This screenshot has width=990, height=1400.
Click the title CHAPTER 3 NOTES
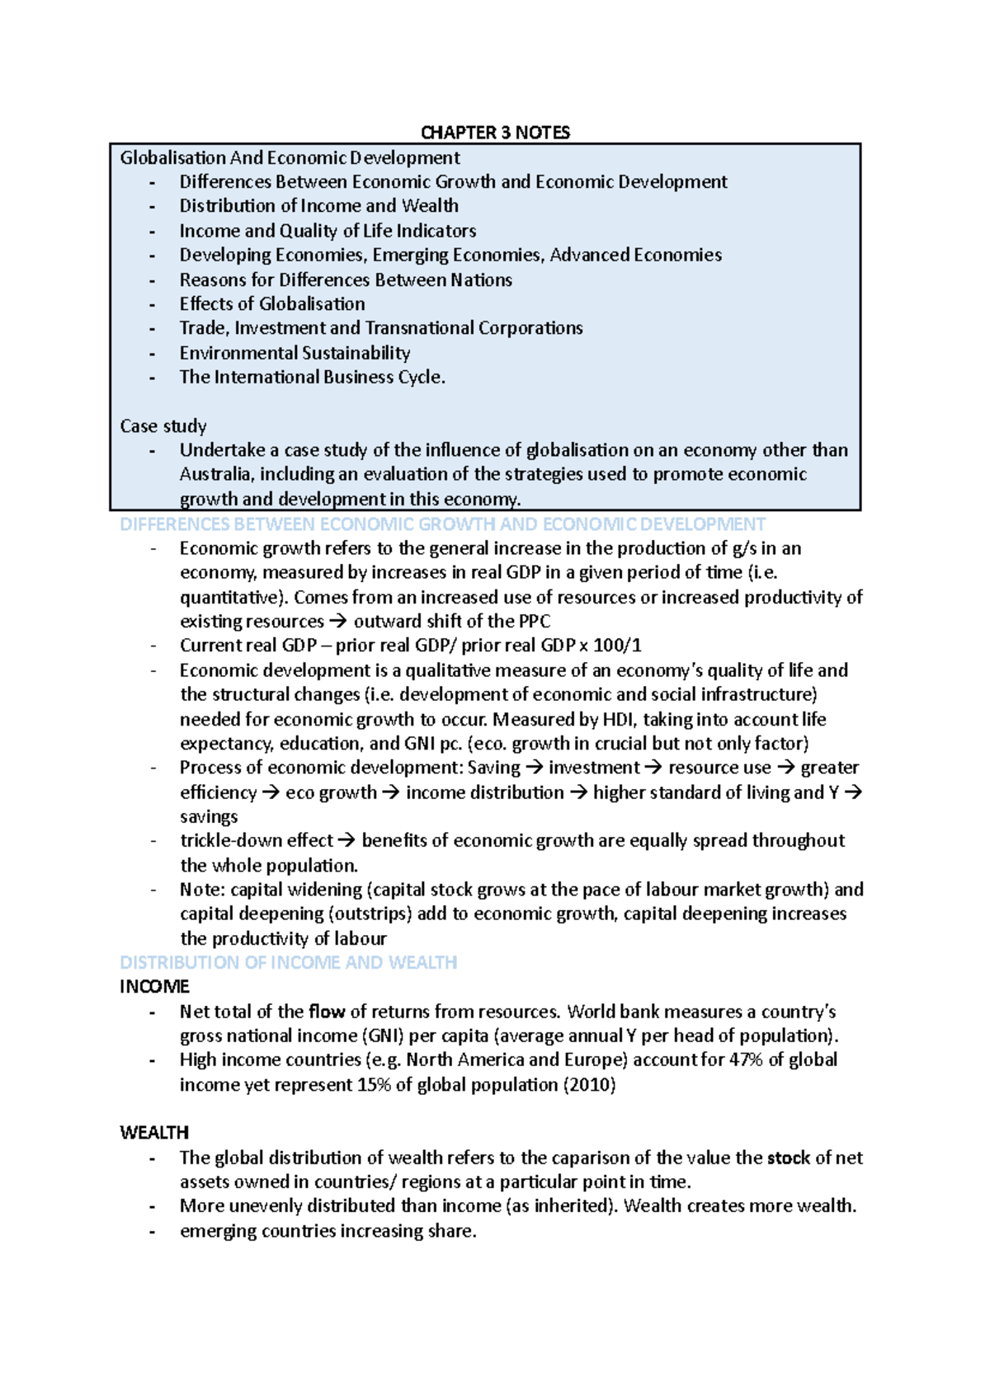[495, 133]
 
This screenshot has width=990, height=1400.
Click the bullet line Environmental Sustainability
[295, 353]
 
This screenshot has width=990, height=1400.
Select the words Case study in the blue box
[163, 426]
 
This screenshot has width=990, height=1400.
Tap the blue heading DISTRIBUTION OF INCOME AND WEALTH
[288, 962]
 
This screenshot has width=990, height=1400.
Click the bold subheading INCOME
[154, 987]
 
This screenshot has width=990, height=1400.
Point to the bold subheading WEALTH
[154, 1133]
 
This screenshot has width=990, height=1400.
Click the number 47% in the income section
[746, 1059]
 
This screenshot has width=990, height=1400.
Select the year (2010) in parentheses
[589, 1084]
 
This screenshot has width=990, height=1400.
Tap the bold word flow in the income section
[327, 1012]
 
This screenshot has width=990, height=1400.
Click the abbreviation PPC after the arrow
[534, 621]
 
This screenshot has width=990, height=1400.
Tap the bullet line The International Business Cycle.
[312, 378]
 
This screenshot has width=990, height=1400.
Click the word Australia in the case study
[214, 474]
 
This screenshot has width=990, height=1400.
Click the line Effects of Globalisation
[272, 304]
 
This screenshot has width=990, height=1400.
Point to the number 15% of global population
[375, 1084]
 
